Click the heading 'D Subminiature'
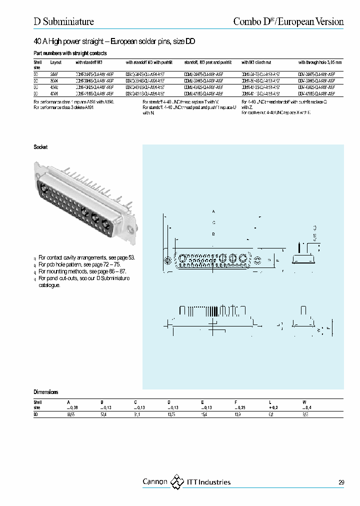click(63, 21)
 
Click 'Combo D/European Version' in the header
click(288, 21)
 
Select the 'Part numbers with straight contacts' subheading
click(70, 53)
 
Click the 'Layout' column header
click(55, 62)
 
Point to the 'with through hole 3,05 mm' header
click(320, 62)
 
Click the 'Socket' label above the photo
click(40, 147)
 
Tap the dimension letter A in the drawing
click(213, 211)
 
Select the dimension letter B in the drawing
click(213, 234)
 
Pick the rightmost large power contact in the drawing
click(243, 259)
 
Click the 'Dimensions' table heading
click(46, 392)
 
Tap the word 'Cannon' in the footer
click(155, 482)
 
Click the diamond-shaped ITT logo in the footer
click(177, 482)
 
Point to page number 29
click(341, 482)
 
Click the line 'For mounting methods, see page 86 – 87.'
click(82, 271)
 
